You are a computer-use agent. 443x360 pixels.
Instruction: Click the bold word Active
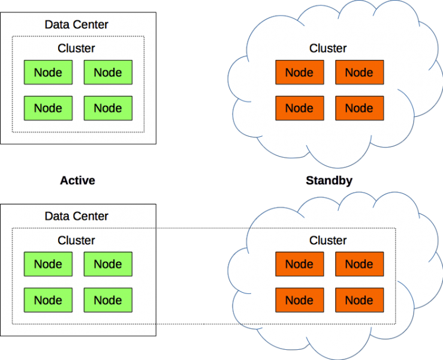tap(77, 181)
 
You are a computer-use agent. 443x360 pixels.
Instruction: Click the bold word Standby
tap(329, 181)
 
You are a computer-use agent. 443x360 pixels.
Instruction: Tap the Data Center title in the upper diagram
tap(76, 25)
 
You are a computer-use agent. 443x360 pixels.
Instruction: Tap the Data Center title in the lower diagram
tap(76, 217)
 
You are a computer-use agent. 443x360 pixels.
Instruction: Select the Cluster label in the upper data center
tap(76, 49)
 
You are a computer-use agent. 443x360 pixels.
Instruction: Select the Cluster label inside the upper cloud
tap(328, 49)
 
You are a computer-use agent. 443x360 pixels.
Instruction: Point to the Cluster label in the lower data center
tap(76, 241)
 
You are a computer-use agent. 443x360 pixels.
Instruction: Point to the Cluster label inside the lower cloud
tap(328, 241)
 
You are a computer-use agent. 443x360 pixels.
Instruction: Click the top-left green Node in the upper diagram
tap(49, 73)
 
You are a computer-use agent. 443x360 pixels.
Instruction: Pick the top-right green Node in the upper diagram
tap(108, 73)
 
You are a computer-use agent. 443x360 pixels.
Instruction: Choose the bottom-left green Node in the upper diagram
tap(49, 109)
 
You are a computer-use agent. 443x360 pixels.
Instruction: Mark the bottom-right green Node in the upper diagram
tap(108, 109)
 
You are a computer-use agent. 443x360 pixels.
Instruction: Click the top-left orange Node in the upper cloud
tap(300, 73)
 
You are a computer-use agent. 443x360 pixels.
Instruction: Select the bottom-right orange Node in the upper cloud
tap(360, 109)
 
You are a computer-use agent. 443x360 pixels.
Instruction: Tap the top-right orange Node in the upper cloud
tap(360, 73)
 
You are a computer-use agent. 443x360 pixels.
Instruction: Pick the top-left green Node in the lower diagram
tap(49, 264)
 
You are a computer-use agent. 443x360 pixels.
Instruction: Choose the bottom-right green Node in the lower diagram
tap(108, 300)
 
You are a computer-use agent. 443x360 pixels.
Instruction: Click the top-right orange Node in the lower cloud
tap(360, 264)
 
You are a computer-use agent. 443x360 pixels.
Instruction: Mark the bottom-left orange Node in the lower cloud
tap(300, 300)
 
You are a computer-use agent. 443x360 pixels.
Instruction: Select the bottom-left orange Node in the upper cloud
tap(300, 109)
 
